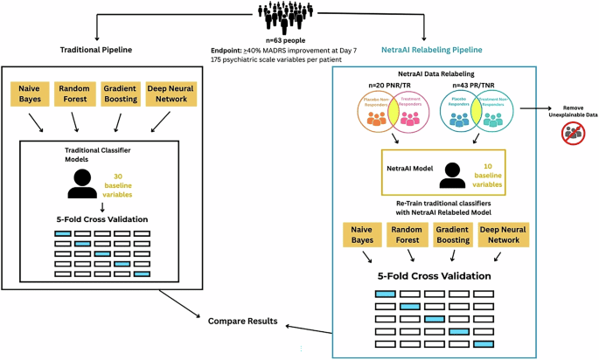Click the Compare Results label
coord(242,322)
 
